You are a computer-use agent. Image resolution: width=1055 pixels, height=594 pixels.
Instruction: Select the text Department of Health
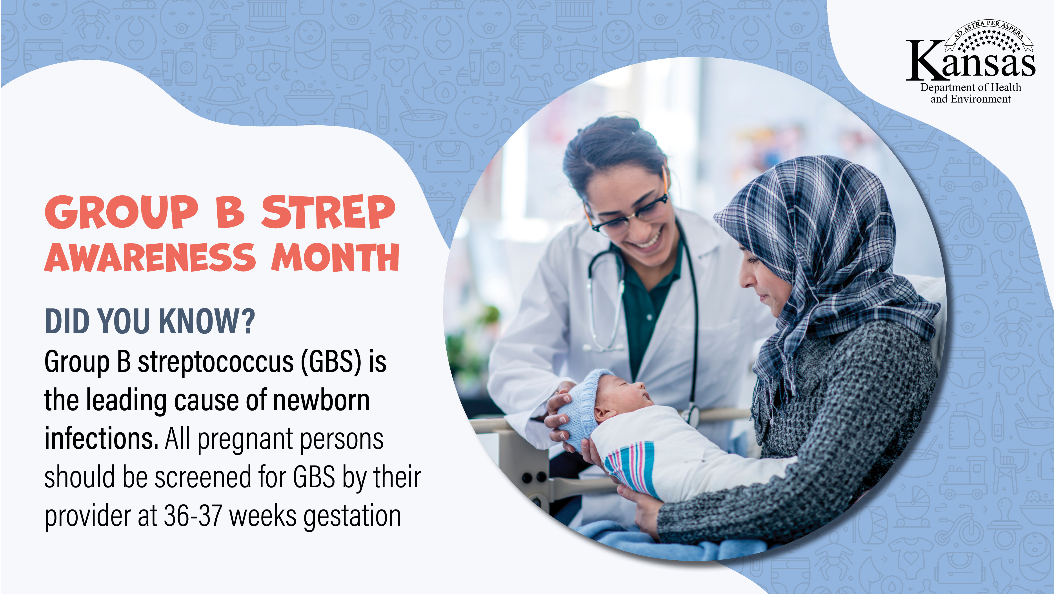pos(971,87)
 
